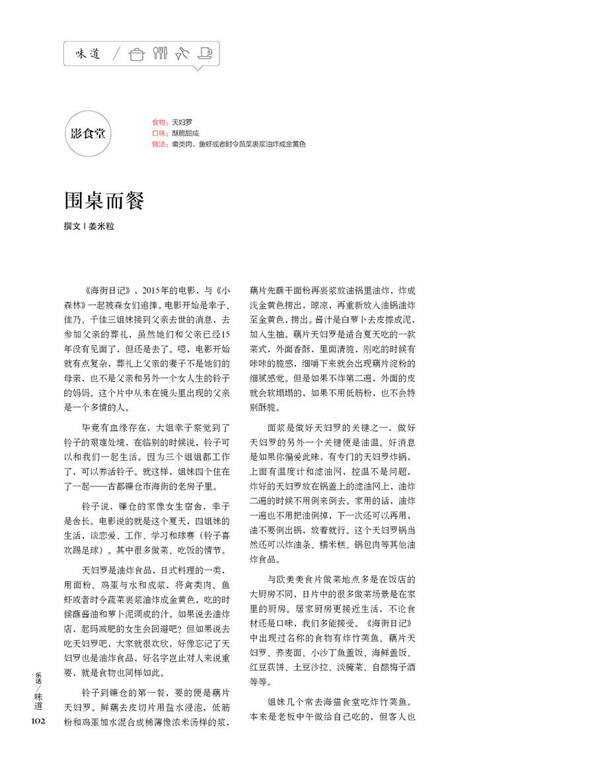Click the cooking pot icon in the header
coord(137,54)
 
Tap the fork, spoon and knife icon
coord(160,53)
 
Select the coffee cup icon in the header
coord(205,53)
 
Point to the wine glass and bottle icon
coord(182,53)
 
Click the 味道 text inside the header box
coord(88,54)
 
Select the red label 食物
coord(159,123)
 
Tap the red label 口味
coord(159,133)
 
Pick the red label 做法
coord(159,144)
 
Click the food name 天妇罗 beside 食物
coord(182,123)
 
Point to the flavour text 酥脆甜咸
coord(185,133)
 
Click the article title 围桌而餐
coord(104,201)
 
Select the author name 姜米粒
coord(106,225)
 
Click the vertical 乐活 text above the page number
coord(38,679)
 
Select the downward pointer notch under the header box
coord(197,68)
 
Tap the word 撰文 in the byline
coord(72,225)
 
